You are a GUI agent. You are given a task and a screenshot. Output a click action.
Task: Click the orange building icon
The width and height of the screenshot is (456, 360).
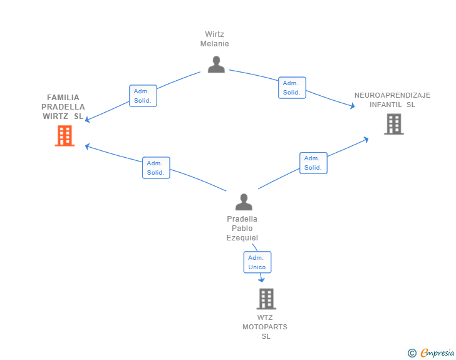point(65,135)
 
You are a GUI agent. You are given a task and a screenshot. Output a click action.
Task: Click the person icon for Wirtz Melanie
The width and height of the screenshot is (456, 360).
point(216,64)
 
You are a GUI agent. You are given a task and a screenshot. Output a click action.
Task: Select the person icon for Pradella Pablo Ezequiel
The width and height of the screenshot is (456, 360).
point(244,202)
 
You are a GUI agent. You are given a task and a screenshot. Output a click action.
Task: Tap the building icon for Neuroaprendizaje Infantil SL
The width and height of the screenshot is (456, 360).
point(394,124)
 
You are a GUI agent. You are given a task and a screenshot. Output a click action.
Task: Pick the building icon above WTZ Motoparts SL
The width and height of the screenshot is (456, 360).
point(266,299)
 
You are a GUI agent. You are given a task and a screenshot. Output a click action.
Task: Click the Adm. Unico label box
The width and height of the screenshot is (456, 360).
point(257,262)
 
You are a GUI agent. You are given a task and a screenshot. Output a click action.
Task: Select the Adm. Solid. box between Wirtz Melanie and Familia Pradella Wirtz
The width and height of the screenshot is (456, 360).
point(143,96)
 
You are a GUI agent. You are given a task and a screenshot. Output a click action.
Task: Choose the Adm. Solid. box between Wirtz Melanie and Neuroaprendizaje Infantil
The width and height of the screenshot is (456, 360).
point(292,88)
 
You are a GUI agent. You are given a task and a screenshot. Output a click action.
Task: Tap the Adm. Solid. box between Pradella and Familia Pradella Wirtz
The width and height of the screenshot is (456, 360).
point(156,168)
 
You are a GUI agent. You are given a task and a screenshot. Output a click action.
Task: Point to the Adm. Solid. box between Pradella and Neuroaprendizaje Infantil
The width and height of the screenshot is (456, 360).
point(313,163)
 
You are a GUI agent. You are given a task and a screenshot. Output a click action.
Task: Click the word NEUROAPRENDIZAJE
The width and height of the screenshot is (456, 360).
point(392,95)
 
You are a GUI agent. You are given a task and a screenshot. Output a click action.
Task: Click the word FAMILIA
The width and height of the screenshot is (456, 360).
point(63,98)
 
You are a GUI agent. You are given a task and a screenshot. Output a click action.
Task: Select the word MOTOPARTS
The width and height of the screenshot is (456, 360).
point(264,327)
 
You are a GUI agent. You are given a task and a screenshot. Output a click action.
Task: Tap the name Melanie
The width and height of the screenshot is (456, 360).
point(215,44)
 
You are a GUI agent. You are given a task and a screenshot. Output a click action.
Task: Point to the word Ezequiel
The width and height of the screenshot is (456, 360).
point(242,238)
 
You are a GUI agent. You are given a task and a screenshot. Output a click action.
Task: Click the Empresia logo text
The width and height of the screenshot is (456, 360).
point(437,352)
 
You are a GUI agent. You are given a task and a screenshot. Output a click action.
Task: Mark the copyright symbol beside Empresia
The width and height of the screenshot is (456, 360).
point(412,353)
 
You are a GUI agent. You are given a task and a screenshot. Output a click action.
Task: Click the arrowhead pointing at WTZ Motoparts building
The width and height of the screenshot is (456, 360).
point(262,280)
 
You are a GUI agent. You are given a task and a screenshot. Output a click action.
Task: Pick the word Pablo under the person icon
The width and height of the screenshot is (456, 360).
point(242,229)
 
